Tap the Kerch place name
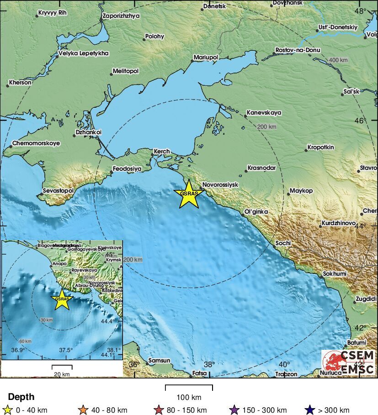pos(161,151)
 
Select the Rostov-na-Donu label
pos(298,50)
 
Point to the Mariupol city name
pos(206,57)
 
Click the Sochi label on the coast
pos(283,243)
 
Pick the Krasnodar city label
pos(261,168)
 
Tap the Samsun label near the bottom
pos(160,361)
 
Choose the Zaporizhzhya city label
pos(122,16)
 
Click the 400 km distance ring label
pos(338,60)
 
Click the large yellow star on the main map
pos(189,194)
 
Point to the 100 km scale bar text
pos(189,397)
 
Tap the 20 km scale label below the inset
pos(62,374)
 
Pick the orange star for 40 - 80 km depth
pos(83,410)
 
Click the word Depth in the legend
pos(21,397)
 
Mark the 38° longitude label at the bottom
pos(209,364)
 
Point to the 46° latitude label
pos(361,121)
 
